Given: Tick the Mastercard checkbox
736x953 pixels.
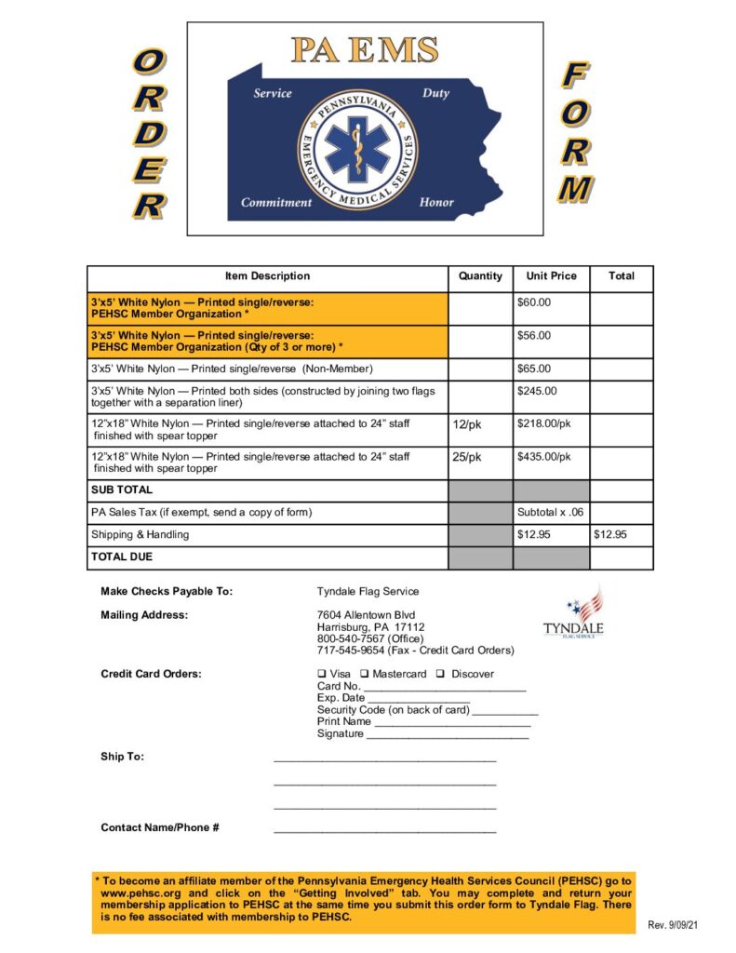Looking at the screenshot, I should point(365,674).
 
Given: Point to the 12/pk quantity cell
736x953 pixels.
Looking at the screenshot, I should point(467,424).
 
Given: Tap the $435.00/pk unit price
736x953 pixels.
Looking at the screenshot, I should point(544,457).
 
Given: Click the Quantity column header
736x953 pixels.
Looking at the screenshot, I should point(480,276).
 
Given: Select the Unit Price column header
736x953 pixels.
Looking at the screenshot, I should point(551,276).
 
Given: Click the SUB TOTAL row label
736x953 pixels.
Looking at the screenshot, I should point(122,490).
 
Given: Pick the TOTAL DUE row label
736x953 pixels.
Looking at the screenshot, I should point(122,557).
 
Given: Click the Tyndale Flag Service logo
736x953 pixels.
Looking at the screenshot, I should point(574,613).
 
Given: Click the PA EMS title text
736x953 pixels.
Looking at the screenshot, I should point(364,50).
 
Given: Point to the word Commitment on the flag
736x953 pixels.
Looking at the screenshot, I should point(277,202).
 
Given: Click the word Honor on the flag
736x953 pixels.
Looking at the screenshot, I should point(436,202).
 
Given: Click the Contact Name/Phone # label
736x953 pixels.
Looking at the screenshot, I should point(160,827).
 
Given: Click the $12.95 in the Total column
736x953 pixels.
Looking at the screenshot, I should point(610,534).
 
